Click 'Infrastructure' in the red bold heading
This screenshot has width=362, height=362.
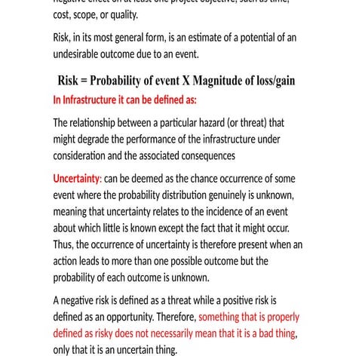click(x=95, y=99)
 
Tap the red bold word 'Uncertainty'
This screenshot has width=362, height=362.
click(x=76, y=179)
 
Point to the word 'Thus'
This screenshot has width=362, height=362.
click(x=64, y=244)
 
